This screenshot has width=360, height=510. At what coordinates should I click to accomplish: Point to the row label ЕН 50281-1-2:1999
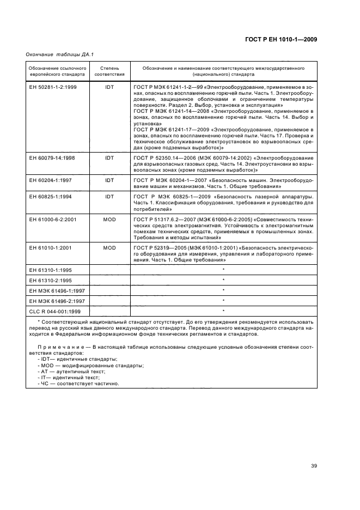[x=52, y=87]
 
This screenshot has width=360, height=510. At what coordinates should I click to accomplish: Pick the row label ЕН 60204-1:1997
[x=51, y=179]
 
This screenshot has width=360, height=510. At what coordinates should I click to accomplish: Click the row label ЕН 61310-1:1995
[x=51, y=270]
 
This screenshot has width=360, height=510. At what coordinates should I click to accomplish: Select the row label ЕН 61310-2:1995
[x=51, y=280]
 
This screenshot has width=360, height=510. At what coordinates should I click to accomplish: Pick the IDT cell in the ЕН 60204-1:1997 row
[x=109, y=179]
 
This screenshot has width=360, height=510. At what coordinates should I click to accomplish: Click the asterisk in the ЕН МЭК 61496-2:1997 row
[x=223, y=301]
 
